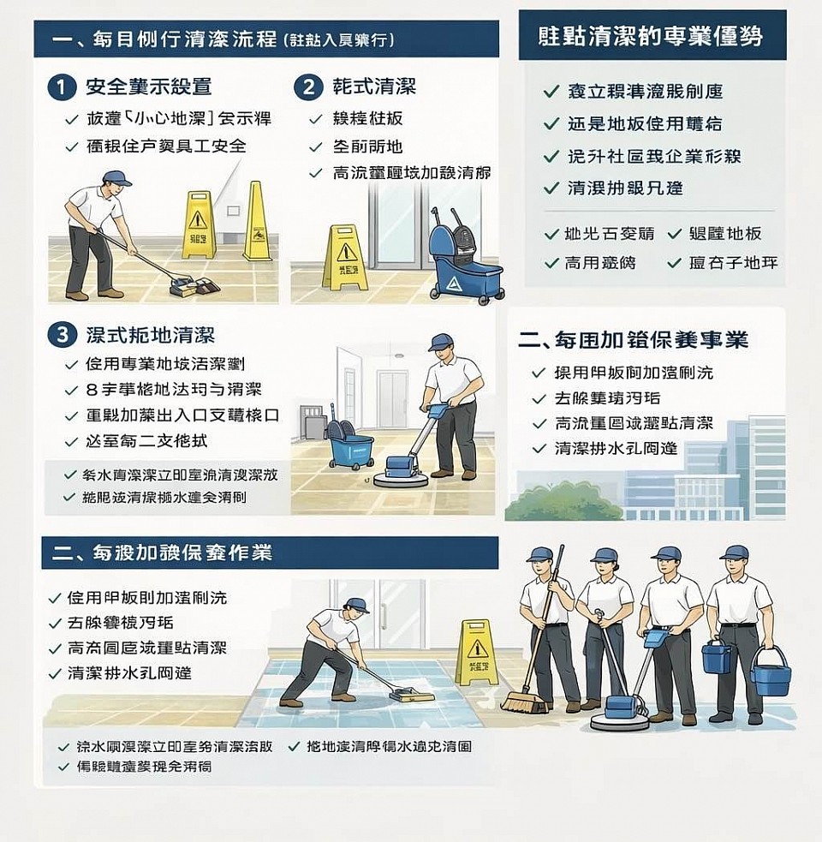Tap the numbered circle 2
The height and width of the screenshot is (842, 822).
click(307, 87)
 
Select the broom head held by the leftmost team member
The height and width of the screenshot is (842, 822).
click(524, 704)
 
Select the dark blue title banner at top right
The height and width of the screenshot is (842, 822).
click(652, 35)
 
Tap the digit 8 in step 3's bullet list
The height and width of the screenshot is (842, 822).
click(92, 390)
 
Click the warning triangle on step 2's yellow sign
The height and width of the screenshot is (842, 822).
click(346, 252)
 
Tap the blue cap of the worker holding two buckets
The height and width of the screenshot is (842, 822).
click(734, 552)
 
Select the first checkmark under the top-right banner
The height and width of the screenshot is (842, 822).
click(551, 91)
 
